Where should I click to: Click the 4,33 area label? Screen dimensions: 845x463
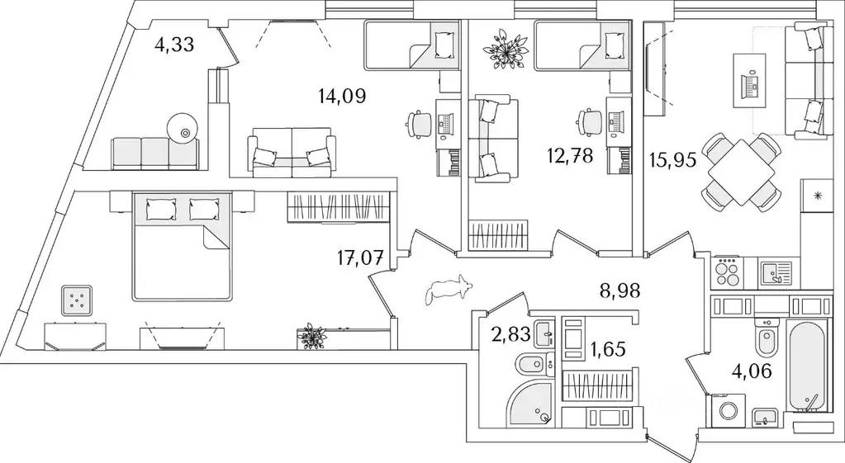click(x=173, y=45)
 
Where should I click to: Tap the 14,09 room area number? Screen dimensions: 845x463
click(x=342, y=97)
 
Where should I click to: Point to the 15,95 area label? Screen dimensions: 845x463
click(x=673, y=160)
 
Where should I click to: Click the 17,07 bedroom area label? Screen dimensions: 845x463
click(x=360, y=259)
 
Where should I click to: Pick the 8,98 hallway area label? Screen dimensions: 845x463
click(x=620, y=291)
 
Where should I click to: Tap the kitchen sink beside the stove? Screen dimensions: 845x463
click(x=776, y=272)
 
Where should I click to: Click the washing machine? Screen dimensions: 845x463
click(x=726, y=408)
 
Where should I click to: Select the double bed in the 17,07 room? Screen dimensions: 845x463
click(x=183, y=245)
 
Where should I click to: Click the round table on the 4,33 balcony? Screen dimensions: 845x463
click(x=183, y=129)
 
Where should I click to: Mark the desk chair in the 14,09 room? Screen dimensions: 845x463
click(x=418, y=125)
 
